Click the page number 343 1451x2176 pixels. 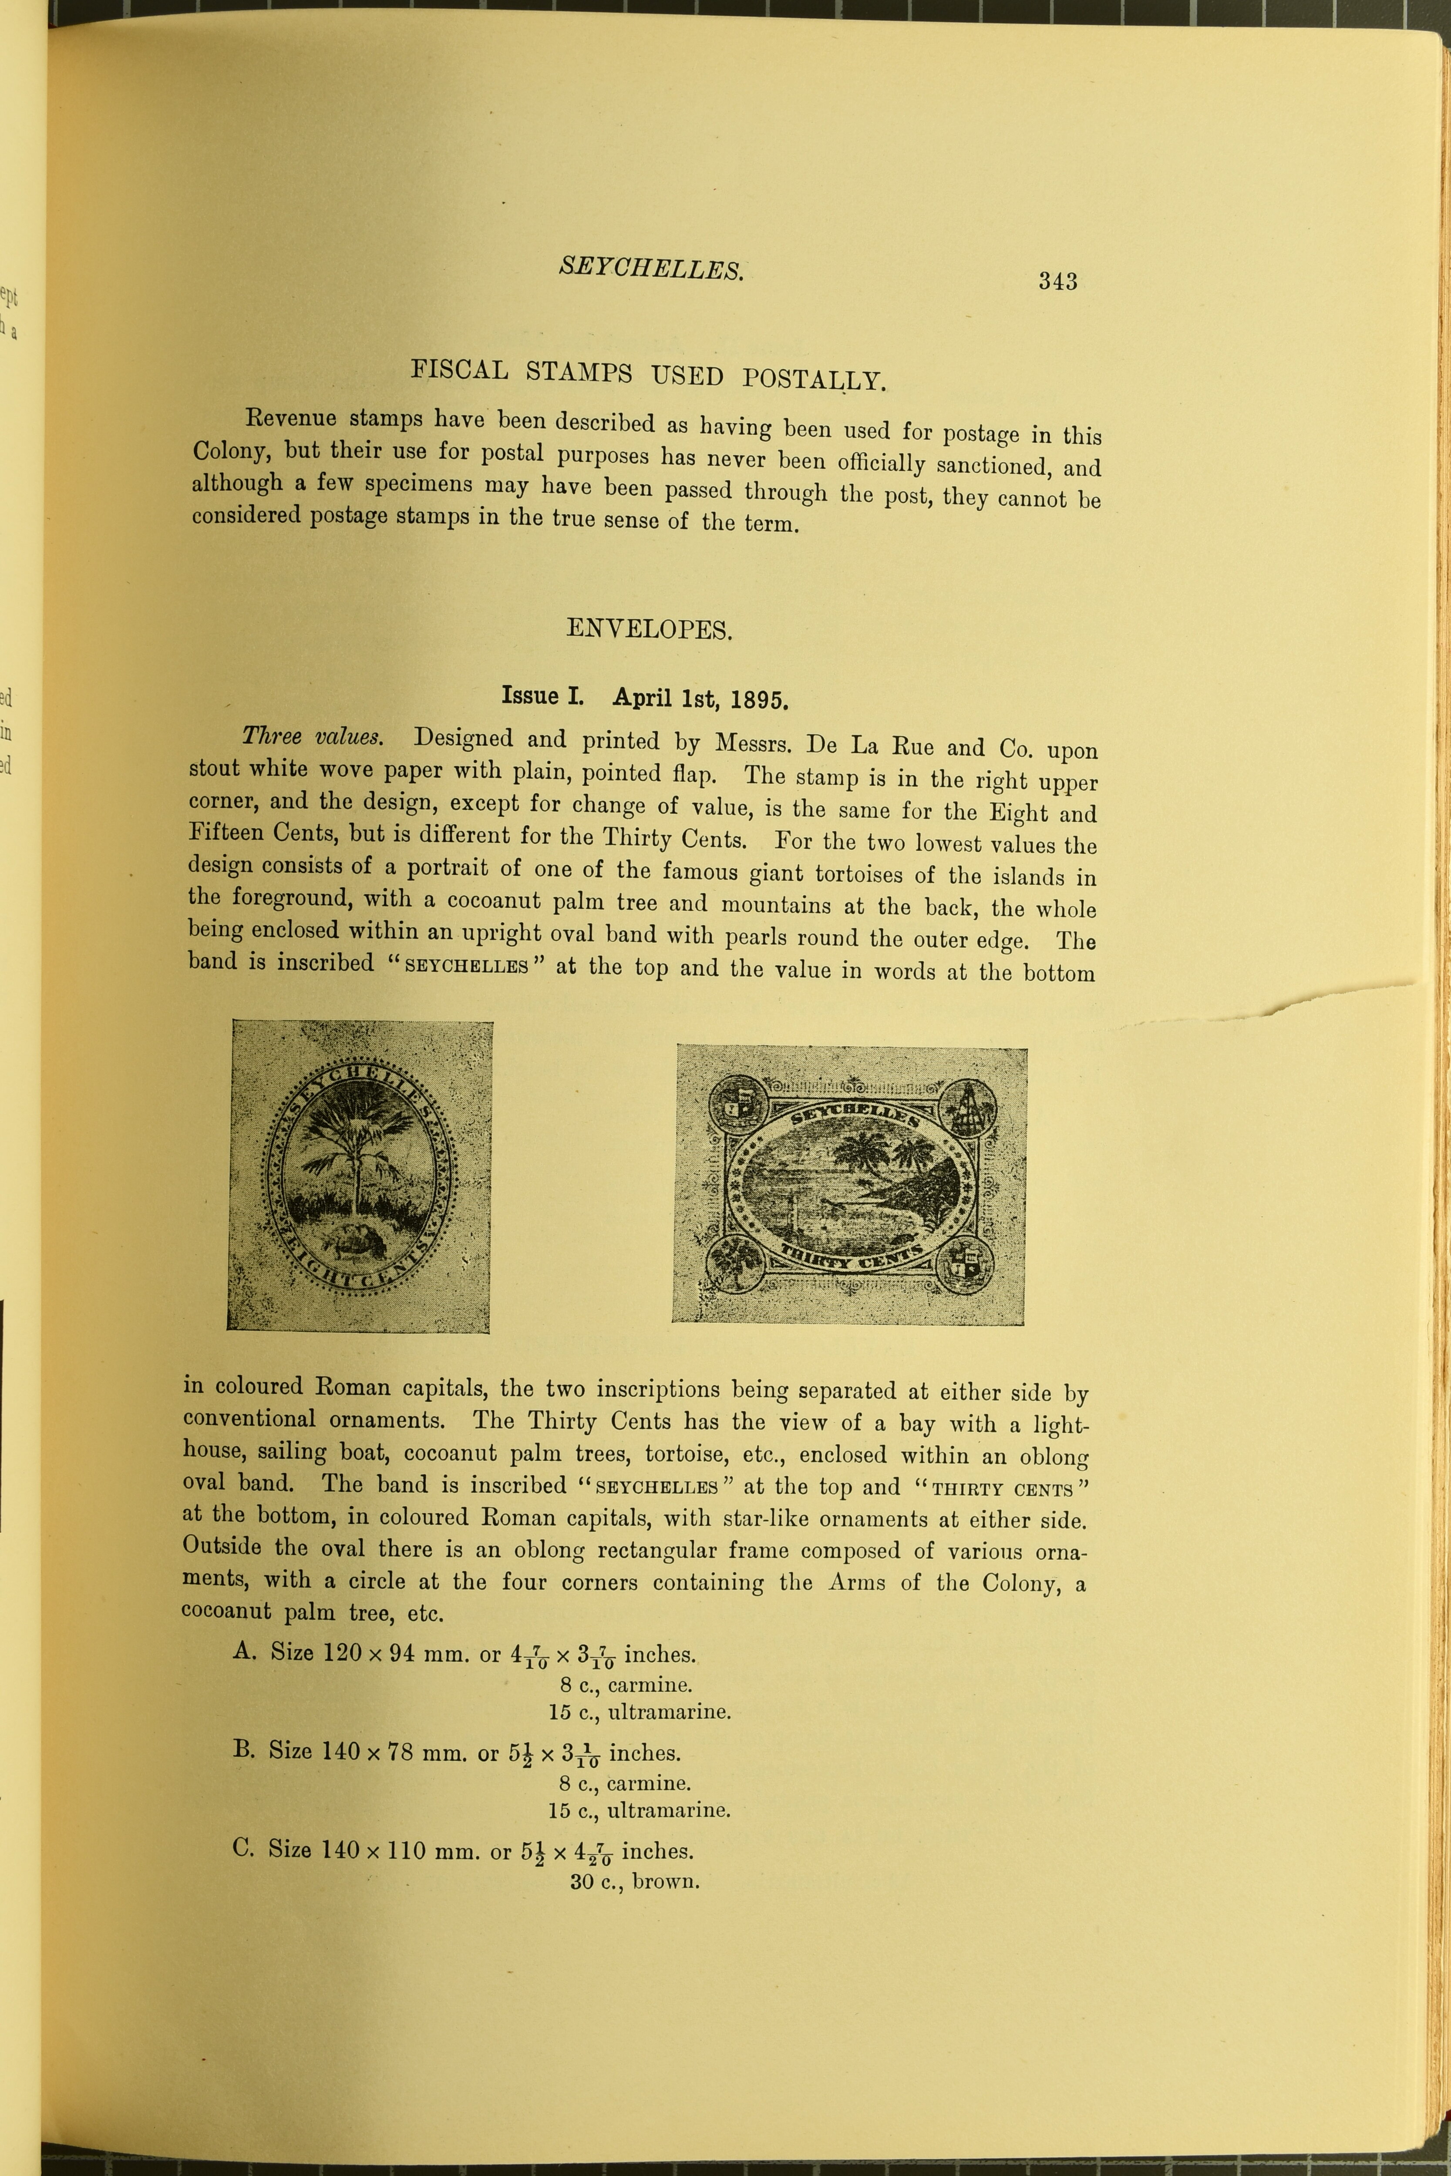click(1058, 280)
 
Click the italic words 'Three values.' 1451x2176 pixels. click(313, 736)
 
